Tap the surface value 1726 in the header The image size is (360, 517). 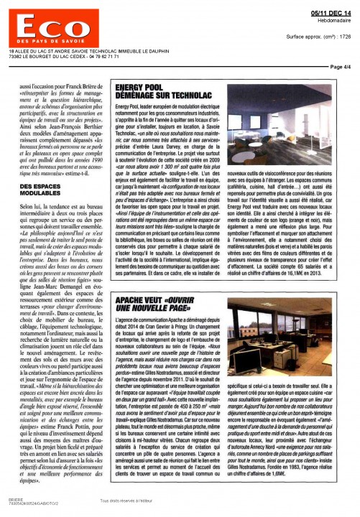[x=346, y=34]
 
